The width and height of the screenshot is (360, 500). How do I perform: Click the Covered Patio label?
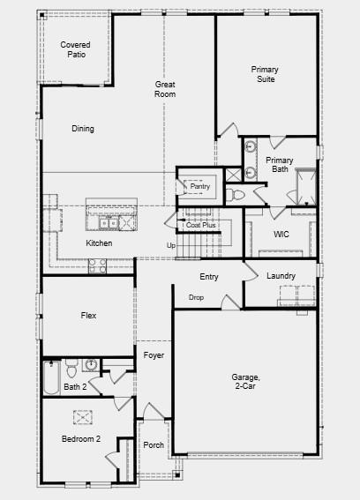click(x=76, y=49)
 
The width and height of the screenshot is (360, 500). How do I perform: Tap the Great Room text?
click(x=165, y=89)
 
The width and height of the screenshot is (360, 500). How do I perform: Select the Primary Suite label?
click(x=263, y=74)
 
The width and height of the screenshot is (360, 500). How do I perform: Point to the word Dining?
click(x=83, y=129)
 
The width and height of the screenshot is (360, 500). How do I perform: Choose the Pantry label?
click(x=200, y=186)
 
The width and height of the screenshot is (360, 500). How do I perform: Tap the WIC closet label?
click(x=281, y=235)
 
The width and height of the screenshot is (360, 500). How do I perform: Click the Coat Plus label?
click(x=201, y=225)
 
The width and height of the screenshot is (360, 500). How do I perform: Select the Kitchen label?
click(x=99, y=243)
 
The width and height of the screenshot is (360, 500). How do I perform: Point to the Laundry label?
click(x=281, y=276)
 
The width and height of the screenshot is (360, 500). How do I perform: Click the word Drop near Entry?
click(x=196, y=297)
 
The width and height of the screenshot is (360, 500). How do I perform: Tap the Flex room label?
click(x=88, y=315)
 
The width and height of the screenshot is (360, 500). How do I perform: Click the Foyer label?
click(x=154, y=354)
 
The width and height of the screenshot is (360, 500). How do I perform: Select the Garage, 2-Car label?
click(x=244, y=381)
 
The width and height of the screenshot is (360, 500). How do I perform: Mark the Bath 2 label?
click(x=75, y=386)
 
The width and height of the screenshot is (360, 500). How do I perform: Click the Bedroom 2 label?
click(x=81, y=438)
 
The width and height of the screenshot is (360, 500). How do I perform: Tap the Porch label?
click(x=154, y=445)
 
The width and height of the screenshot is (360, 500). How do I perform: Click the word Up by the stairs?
click(x=171, y=245)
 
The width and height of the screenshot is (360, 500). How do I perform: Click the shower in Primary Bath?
click(x=305, y=187)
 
